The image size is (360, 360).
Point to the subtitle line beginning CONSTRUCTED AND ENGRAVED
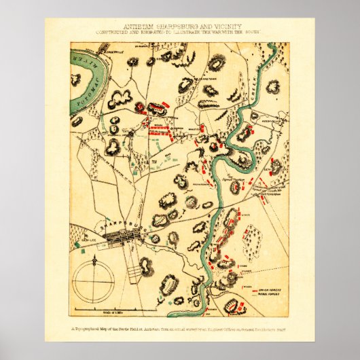[x=180, y=32]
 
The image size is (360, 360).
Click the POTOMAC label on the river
[x=86, y=89]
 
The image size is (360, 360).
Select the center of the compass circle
[x=94, y=281]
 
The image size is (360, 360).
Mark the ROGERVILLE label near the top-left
[x=111, y=51]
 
